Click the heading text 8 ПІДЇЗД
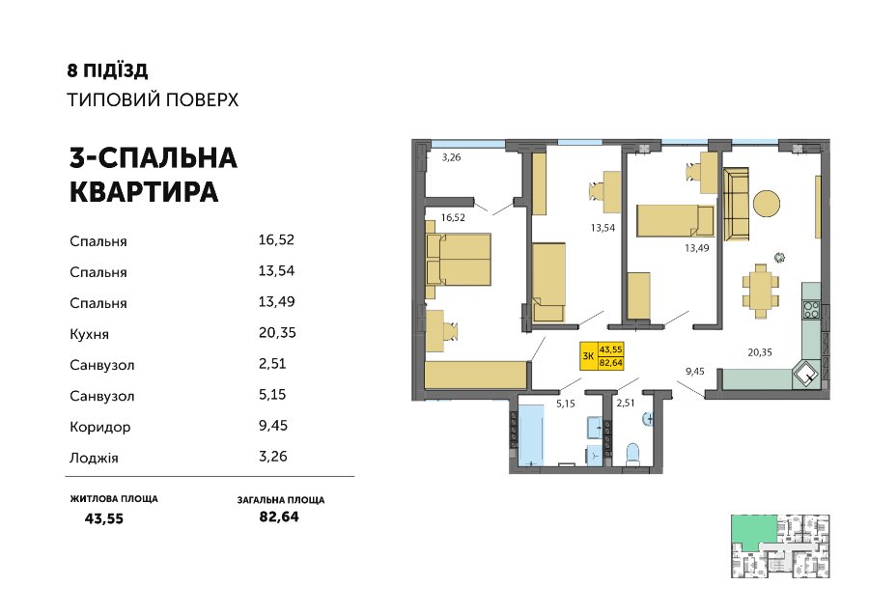click(107, 70)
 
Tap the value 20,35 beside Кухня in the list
click(277, 332)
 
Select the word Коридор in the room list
click(100, 428)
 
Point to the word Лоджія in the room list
click(95, 459)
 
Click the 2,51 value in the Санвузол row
click(272, 364)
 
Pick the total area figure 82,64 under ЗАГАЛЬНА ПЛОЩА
click(279, 516)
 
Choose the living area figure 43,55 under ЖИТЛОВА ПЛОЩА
click(104, 518)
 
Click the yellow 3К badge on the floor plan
click(602, 356)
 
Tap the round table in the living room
click(767, 204)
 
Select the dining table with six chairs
click(761, 291)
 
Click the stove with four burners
click(811, 309)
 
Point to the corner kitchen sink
click(807, 375)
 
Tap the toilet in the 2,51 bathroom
click(632, 455)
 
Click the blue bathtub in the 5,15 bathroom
click(531, 435)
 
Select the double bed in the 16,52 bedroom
click(459, 260)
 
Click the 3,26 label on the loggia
click(451, 157)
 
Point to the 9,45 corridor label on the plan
click(695, 372)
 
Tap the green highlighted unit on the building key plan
click(754, 532)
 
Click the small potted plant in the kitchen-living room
click(780, 257)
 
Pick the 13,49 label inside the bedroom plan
click(696, 248)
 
